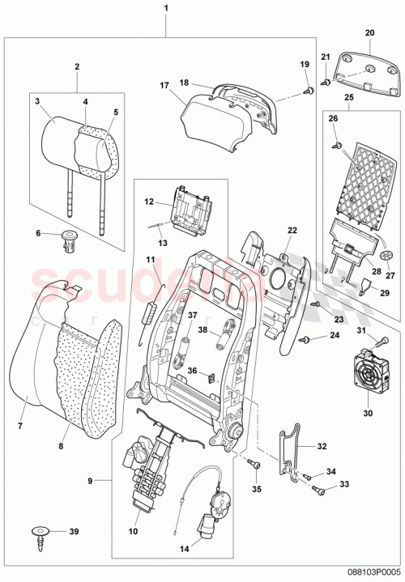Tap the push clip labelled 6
[69, 240]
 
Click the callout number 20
[370, 33]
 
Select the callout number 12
[150, 201]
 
